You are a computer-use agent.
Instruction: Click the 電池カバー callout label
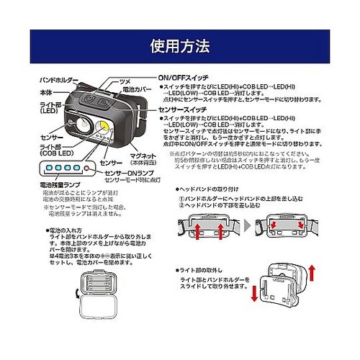(136, 90)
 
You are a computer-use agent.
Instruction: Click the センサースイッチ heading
(184, 108)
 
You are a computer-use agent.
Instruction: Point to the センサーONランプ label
(127, 174)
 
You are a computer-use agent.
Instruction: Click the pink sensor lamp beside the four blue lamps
(86, 171)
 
